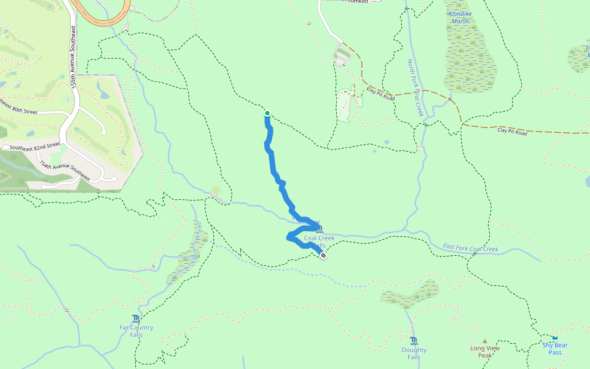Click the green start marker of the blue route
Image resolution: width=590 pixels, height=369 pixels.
point(267,113)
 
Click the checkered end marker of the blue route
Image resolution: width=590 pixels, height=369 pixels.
point(323,255)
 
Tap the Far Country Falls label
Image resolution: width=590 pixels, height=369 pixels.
point(136,331)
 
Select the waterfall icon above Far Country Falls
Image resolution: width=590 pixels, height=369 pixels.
point(136,319)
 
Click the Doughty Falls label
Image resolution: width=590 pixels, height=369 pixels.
point(414,354)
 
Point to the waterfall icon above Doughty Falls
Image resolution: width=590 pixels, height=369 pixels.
point(414,341)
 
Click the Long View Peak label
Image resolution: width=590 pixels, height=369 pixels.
point(485,352)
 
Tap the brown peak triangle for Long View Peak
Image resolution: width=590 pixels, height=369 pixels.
point(485,341)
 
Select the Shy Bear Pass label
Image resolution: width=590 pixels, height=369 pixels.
point(555,349)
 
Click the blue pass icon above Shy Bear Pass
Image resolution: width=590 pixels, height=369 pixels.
point(555,338)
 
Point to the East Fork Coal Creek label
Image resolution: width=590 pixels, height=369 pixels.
point(470,248)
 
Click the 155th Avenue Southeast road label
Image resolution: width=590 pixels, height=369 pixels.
point(74,57)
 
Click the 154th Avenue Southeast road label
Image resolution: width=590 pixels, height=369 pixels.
point(64,171)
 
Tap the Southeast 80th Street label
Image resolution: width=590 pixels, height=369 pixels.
point(18,109)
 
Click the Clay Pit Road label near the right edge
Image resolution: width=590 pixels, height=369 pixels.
point(512,132)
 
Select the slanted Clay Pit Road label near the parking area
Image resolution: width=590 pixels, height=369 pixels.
point(380,94)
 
